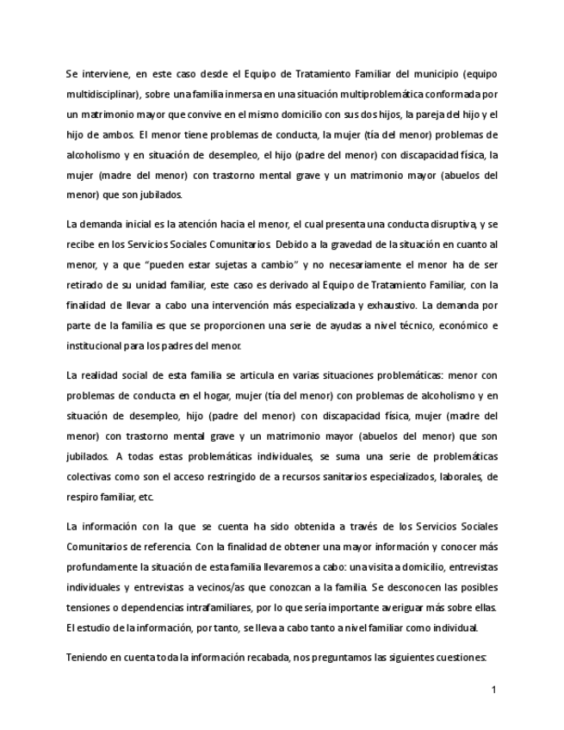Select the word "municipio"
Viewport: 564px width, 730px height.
(x=437, y=74)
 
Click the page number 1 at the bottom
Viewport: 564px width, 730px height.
(x=493, y=690)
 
